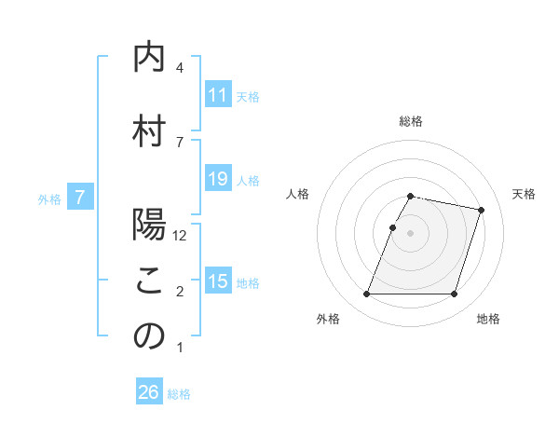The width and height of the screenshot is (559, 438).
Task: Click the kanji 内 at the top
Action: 149,58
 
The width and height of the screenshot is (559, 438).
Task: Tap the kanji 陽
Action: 149,226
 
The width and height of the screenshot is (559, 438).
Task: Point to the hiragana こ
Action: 149,281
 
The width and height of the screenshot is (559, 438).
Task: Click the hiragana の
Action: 149,336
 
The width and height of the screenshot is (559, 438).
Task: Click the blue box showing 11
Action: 218,95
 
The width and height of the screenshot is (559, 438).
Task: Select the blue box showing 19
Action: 218,179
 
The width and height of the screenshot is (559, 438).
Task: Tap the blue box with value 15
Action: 218,281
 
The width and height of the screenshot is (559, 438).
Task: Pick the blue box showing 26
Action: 149,392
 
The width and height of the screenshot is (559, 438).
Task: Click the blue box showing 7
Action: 81,198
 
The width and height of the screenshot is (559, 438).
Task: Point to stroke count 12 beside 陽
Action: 181,236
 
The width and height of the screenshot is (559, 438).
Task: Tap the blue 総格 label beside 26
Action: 179,394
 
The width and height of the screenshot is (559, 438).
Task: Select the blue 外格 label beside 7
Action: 48,198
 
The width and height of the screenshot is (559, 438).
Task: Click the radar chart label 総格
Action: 411,121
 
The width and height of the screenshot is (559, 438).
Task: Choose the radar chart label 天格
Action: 525,194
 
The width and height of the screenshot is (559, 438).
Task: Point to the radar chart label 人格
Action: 298,194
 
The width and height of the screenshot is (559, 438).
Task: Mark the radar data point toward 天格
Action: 482,211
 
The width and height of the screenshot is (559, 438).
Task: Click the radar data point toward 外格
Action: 367,294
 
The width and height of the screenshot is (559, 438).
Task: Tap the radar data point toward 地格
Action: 454,294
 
